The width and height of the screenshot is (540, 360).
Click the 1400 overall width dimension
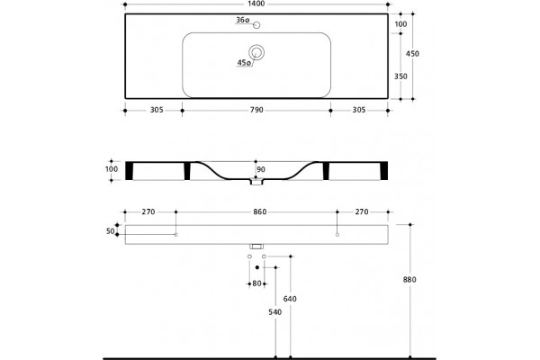[256, 4]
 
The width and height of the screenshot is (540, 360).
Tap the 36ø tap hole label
[242, 20]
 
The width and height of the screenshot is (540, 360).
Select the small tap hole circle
[256, 25]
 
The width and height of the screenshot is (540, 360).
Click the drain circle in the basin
[256, 52]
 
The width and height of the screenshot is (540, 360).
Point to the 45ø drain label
[244, 63]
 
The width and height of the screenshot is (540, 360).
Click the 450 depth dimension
[412, 54]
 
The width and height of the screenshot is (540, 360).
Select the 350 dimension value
[400, 76]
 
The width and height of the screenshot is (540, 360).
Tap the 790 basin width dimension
[256, 110]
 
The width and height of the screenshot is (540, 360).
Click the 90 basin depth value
[261, 169]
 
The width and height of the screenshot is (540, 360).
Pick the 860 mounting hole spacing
[260, 211]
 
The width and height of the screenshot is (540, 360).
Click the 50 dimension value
[110, 231]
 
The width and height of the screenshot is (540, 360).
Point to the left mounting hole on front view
[176, 235]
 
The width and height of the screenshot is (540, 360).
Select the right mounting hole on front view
[337, 235]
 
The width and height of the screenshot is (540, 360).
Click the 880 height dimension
[409, 280]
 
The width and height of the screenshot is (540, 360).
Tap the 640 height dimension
[290, 299]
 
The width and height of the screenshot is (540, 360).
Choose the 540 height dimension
[274, 312]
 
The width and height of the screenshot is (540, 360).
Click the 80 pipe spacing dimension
[256, 283]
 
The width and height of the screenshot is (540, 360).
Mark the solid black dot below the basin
[256, 267]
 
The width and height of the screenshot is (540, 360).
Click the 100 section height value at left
[112, 169]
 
